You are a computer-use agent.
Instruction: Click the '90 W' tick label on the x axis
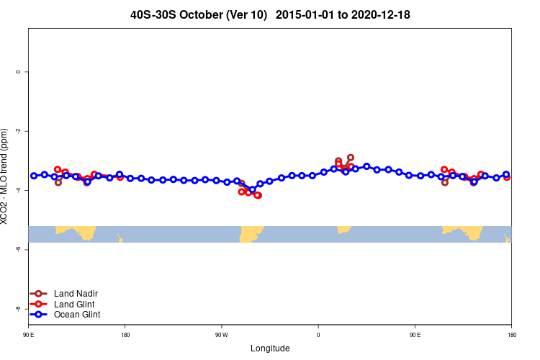pos(221,335)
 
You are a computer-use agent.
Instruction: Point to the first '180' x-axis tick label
pos(125,335)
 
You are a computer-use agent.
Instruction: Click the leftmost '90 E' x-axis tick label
pos(29,335)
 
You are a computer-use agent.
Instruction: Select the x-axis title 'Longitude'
pos(270,348)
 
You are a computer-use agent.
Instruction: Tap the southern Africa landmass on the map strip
pos(343,229)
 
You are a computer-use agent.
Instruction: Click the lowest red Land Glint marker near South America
pos(258,195)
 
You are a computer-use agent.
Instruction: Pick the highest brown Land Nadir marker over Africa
pos(351,157)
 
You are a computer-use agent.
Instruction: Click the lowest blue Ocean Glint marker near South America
pos(252,189)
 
